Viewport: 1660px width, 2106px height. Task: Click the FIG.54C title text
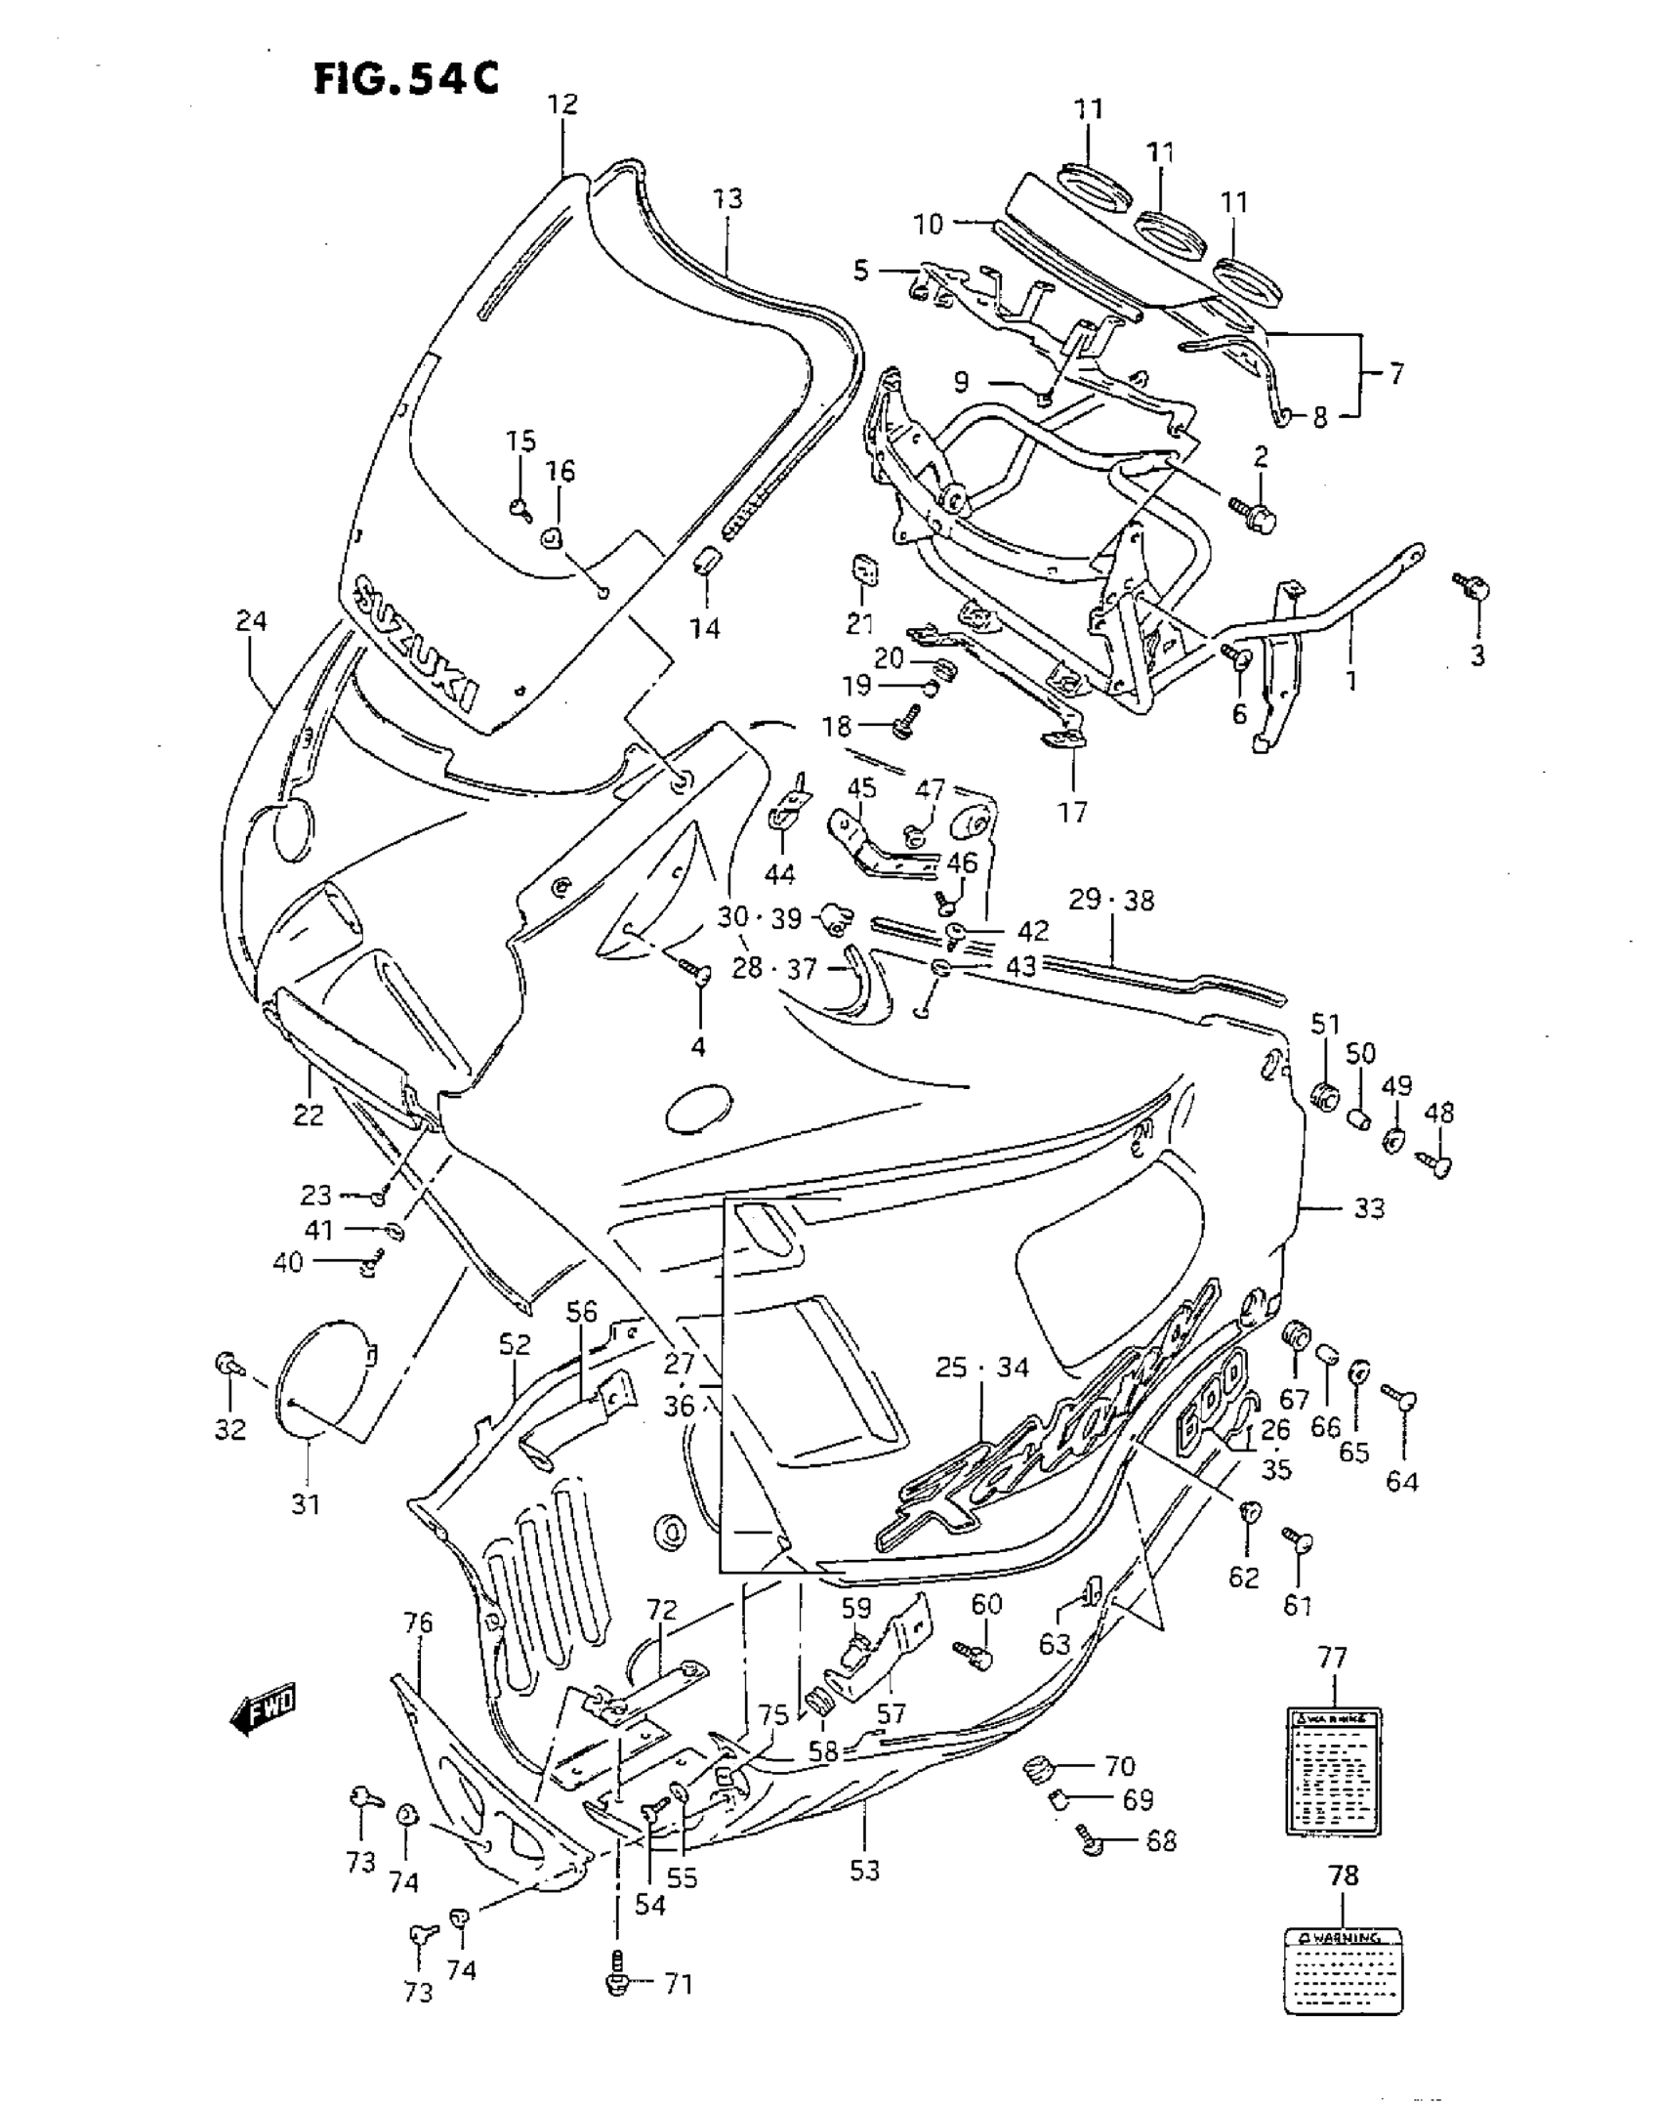click(x=406, y=78)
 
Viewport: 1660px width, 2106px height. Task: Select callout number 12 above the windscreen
click(x=562, y=105)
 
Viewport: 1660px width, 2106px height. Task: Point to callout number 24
click(x=251, y=620)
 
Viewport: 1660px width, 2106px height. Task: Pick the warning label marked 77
click(x=1333, y=1772)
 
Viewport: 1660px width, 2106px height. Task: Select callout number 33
click(x=1369, y=1208)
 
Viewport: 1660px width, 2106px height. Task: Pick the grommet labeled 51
click(x=1325, y=1094)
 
